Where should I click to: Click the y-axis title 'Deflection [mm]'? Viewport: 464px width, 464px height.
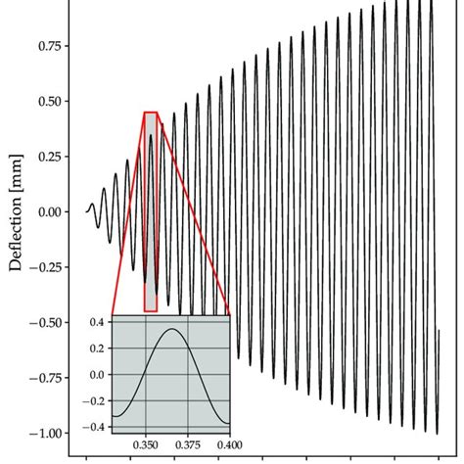16,210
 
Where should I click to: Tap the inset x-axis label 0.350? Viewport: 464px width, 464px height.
146,443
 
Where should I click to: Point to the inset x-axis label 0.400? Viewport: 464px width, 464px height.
229,443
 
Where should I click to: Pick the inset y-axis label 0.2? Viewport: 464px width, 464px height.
98,348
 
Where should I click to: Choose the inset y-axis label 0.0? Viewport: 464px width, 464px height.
98,374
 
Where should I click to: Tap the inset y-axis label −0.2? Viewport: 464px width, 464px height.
95,400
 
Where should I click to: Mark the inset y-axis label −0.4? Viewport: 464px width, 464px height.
95,427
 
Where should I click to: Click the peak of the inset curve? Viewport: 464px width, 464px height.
172,329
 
